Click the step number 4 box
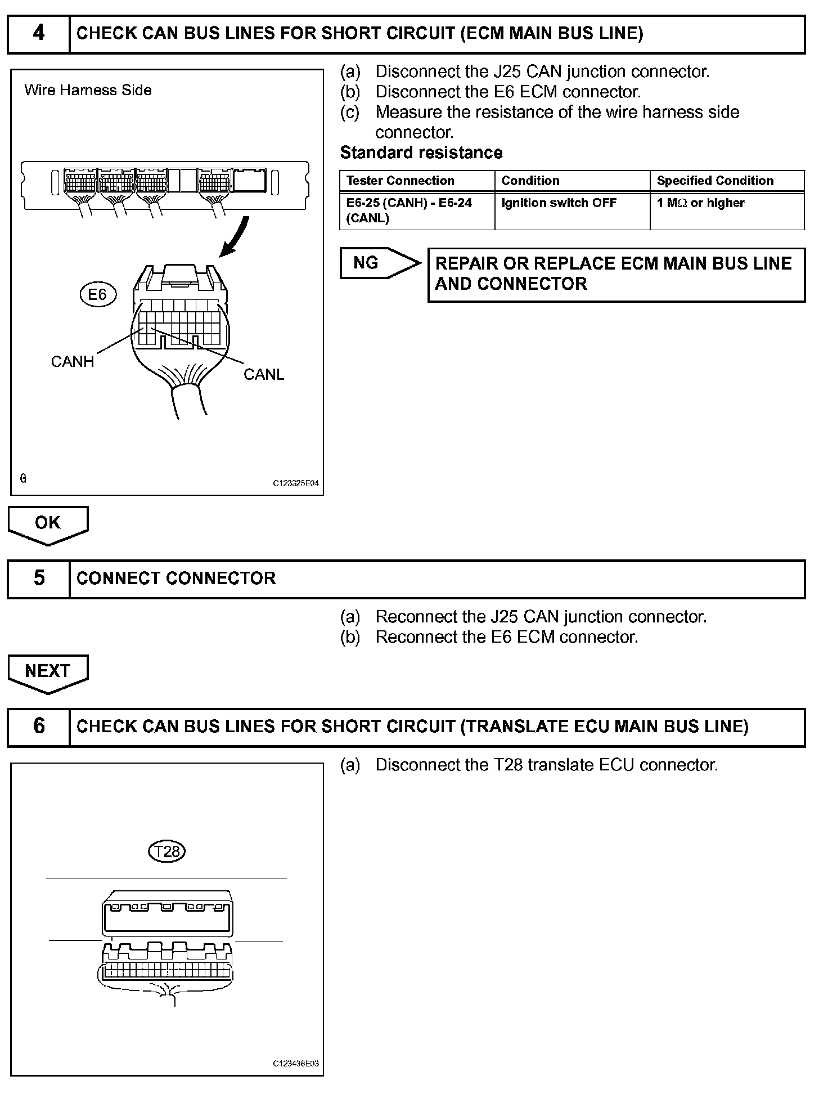click(x=38, y=34)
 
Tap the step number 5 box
click(x=38, y=579)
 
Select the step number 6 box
click(x=38, y=727)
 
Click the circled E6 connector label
click(x=98, y=294)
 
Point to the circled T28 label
click(x=166, y=851)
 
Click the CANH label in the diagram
click(x=73, y=361)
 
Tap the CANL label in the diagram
click(x=263, y=374)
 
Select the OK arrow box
click(x=48, y=524)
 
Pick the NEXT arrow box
click(x=48, y=672)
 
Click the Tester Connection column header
click(x=400, y=181)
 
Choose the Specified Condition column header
click(x=715, y=181)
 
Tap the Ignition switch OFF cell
click(x=559, y=203)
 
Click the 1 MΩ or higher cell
click(x=700, y=203)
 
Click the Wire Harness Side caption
click(x=88, y=90)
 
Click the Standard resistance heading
click(x=421, y=153)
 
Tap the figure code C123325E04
click(x=296, y=483)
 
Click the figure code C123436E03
click(x=296, y=1064)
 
